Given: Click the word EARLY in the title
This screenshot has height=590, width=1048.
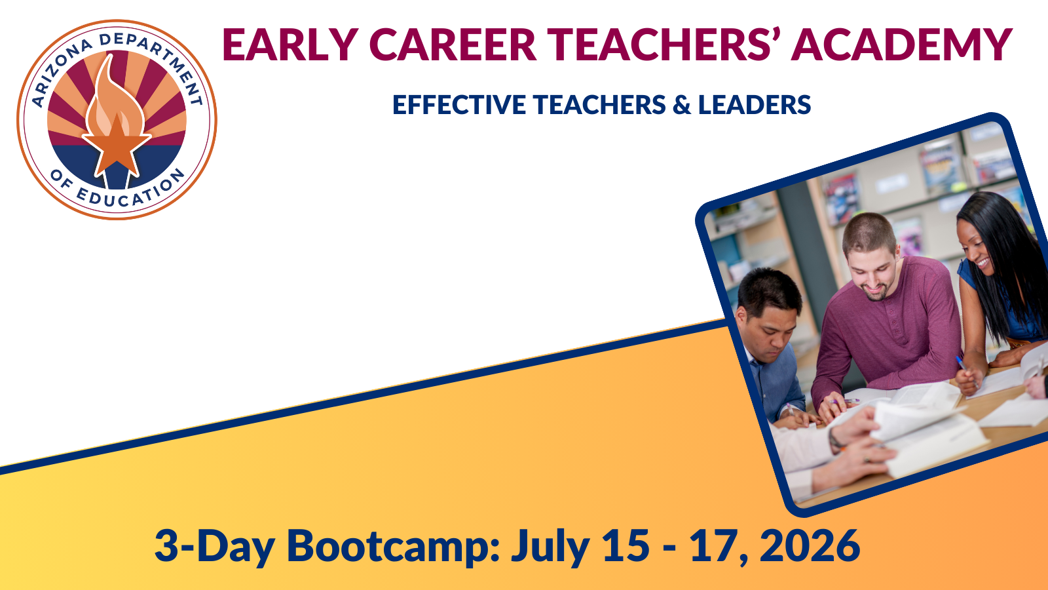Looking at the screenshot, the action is pos(290,45).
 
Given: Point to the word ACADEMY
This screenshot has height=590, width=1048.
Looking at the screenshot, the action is pos(901,45).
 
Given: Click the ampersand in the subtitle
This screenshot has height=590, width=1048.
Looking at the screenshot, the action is pos(682,104).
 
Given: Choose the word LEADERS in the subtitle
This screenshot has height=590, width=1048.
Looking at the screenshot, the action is pos(755,104).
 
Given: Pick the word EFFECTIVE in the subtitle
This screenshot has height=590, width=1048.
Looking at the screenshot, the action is pos(459,104).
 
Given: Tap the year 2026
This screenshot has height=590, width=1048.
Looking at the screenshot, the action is pos(810,546).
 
